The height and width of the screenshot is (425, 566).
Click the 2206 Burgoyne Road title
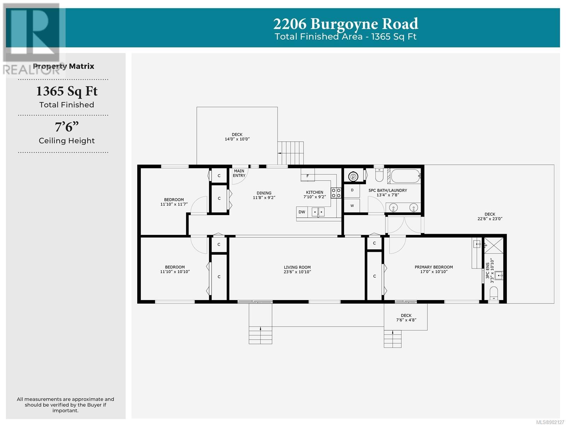pyautogui.click(x=345, y=24)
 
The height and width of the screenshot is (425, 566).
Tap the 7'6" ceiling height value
pyautogui.click(x=67, y=127)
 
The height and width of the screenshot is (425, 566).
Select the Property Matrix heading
pyautogui.click(x=63, y=66)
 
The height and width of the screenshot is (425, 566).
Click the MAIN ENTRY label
pyautogui.click(x=239, y=173)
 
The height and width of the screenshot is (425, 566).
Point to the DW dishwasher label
pyautogui.click(x=301, y=212)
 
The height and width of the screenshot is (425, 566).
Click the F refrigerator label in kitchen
pyautogui.click(x=307, y=176)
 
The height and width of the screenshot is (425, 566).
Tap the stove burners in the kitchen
pyautogui.click(x=336, y=193)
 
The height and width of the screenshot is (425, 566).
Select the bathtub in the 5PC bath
pyautogui.click(x=405, y=176)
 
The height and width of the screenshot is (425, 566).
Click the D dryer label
pyautogui.click(x=352, y=190)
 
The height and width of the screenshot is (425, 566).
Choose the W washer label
pyautogui.click(x=352, y=206)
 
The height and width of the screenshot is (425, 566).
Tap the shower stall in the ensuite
pyautogui.click(x=493, y=245)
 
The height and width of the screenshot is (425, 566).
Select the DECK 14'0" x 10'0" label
pyautogui.click(x=237, y=136)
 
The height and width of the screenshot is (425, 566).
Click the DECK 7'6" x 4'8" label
pyautogui.click(x=406, y=317)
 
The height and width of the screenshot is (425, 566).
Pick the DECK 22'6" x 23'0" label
pyautogui.click(x=490, y=216)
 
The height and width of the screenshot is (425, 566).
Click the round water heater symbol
pyautogui.click(x=353, y=176)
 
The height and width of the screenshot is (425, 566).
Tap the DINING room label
pyautogui.click(x=264, y=195)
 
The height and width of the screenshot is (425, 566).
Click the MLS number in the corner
pyautogui.click(x=550, y=422)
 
